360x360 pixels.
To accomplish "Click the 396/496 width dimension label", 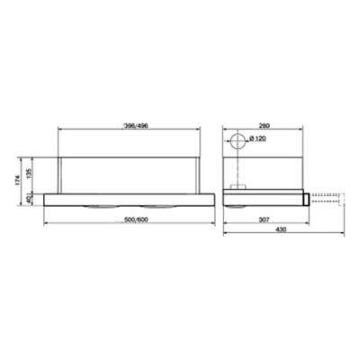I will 138,125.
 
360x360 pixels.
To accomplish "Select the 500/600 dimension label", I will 138,220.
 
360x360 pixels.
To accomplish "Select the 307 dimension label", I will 262,220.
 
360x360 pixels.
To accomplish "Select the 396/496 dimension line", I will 138,130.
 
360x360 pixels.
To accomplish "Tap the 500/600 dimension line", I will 138,225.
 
